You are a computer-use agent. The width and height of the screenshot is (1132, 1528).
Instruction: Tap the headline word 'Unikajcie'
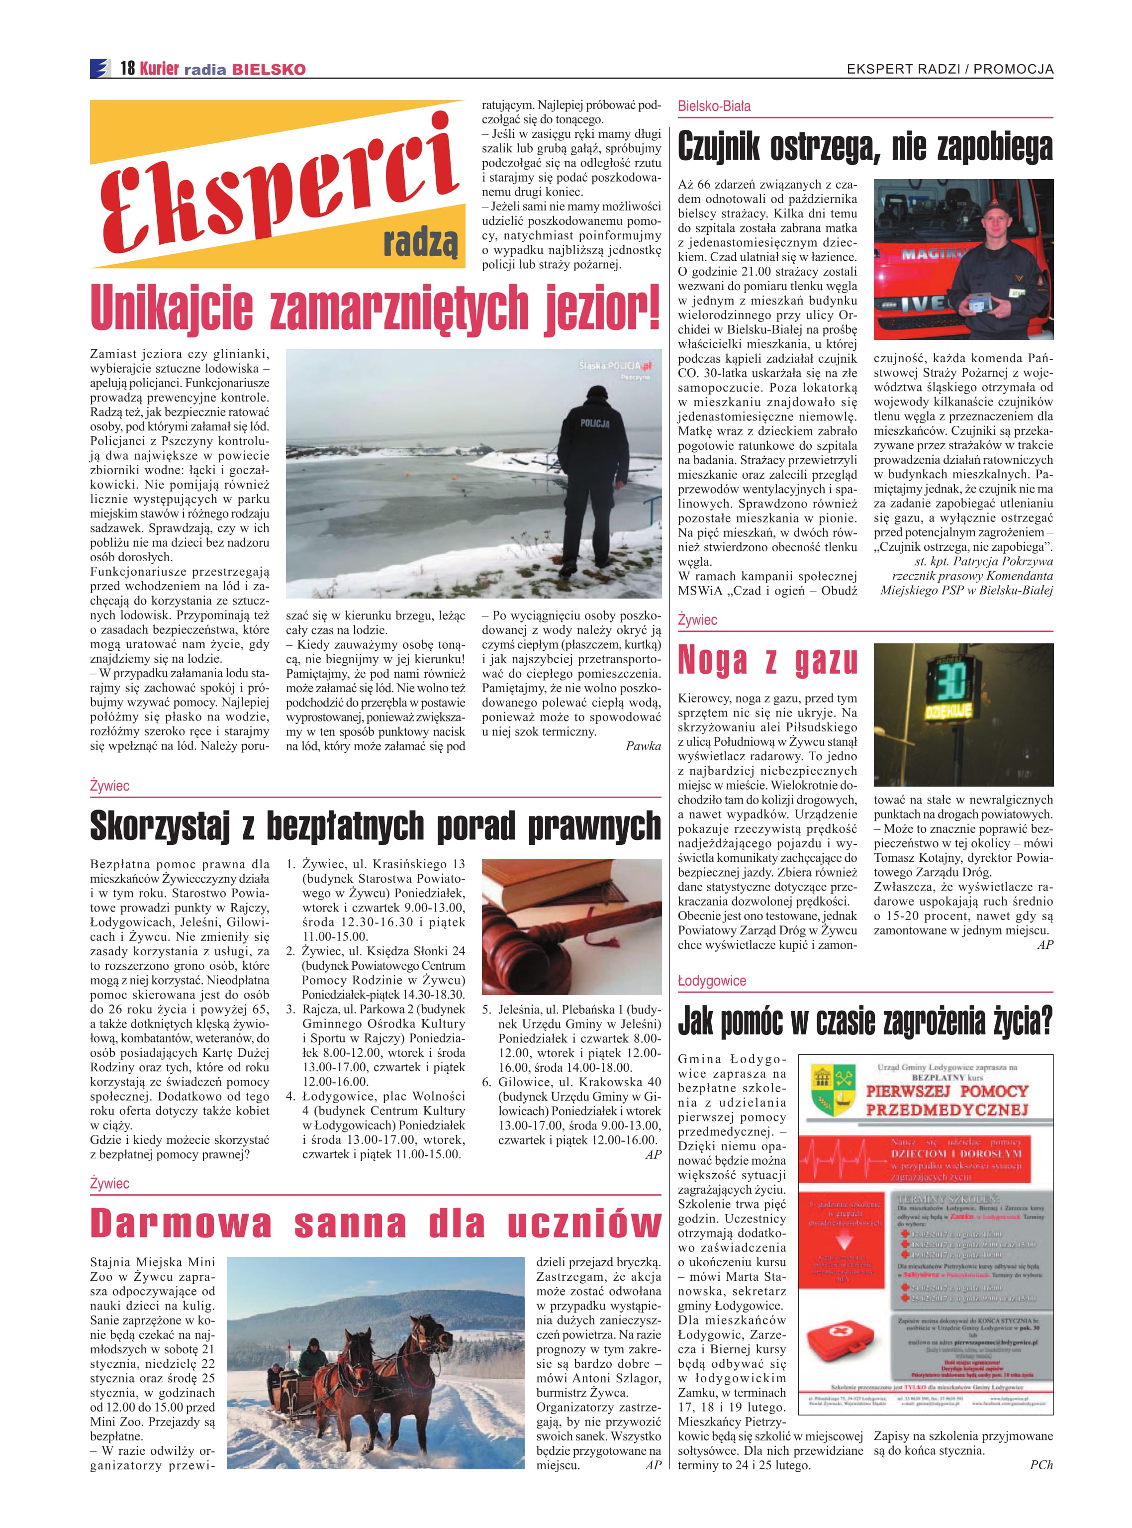coord(171,308)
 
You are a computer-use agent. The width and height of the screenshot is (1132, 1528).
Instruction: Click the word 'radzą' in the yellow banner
coord(420,241)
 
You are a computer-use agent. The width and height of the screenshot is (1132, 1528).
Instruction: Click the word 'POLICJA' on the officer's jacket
coord(594,423)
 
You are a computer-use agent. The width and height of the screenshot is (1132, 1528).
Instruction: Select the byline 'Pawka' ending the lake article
coord(643,746)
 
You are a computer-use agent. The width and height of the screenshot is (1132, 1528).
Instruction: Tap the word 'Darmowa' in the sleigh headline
coord(180,1223)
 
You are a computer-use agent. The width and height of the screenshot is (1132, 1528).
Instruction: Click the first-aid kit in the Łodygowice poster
coord(840,1339)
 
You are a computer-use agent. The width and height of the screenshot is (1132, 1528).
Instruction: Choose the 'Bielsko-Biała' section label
coord(714,106)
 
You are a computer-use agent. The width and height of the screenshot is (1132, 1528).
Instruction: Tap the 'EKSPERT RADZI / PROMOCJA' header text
coord(950,69)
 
